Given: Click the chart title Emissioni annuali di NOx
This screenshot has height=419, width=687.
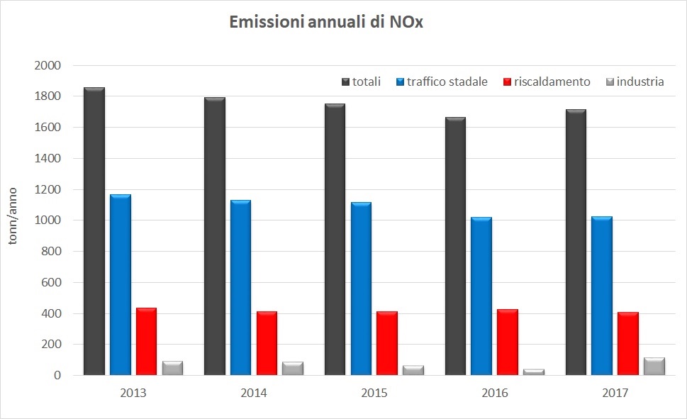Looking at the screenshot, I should [x=326, y=23].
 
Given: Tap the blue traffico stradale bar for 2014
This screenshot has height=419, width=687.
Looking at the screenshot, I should [x=240, y=288].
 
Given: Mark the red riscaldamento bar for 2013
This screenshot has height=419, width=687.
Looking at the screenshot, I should [x=146, y=341].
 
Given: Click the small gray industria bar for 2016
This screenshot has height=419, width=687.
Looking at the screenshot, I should [x=534, y=371].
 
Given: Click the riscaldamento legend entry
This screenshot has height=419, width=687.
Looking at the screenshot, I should [x=546, y=82].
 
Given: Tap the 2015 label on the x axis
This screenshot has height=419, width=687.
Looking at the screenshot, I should [x=374, y=393].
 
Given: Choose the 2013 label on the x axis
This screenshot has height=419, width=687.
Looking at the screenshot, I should [x=133, y=393].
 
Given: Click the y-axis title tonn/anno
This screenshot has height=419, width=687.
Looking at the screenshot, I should [x=12, y=217].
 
